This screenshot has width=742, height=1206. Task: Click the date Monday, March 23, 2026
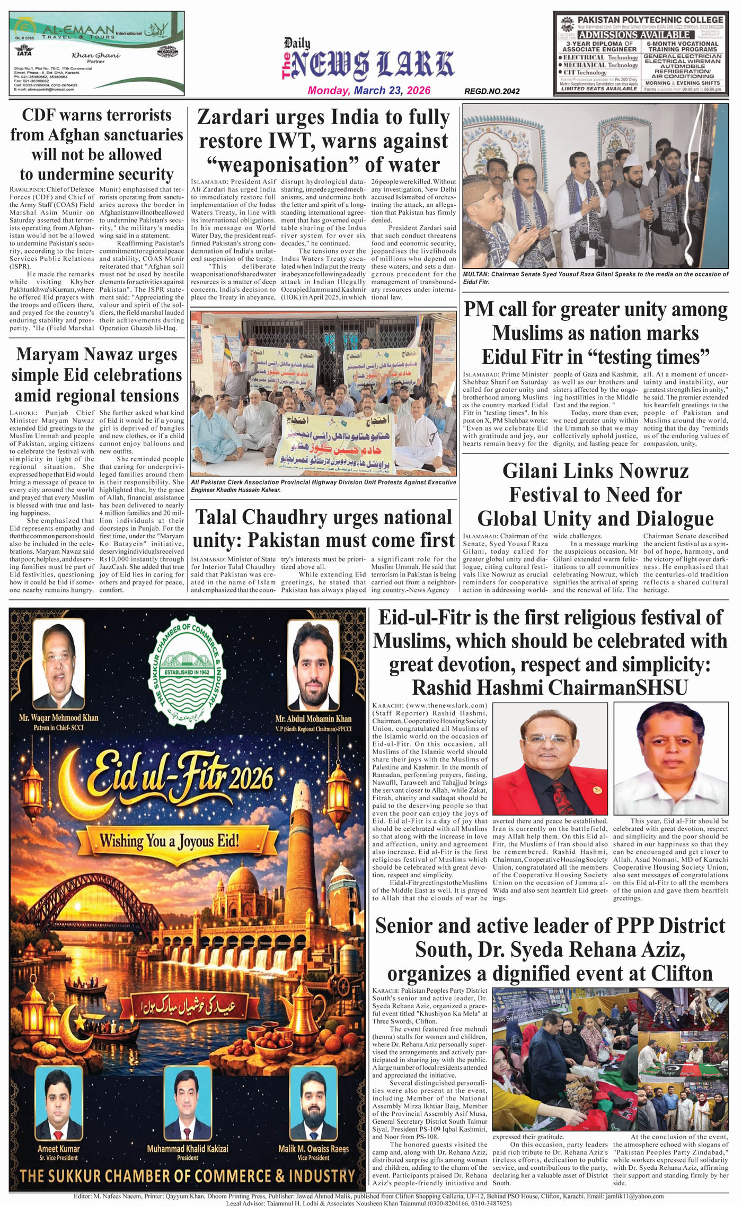coord(369,90)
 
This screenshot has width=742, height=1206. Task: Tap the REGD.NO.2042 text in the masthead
coord(491,91)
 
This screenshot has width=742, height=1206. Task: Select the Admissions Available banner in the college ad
coord(634,35)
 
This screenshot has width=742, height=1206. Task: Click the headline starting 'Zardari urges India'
coord(323,141)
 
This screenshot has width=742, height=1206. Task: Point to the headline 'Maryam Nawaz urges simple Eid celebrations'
coord(96,374)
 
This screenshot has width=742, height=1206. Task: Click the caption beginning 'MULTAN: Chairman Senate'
coord(595,278)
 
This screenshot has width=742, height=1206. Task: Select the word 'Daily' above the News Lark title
coord(297,43)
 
